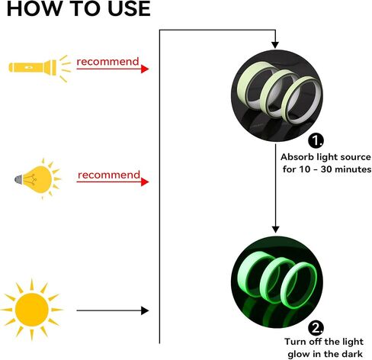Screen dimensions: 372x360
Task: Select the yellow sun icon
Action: click(x=31, y=310)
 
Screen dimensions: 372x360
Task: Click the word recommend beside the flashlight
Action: click(x=107, y=62)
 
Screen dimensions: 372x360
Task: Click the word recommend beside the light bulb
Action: click(x=109, y=175)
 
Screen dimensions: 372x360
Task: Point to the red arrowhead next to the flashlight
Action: click(x=145, y=69)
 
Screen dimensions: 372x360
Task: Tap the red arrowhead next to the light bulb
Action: click(x=145, y=182)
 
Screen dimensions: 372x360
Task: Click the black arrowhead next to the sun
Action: click(x=145, y=310)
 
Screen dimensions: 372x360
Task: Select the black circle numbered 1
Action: click(x=316, y=140)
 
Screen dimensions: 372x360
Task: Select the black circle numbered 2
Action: click(x=316, y=328)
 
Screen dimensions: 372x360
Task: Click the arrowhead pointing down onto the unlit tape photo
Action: click(x=275, y=45)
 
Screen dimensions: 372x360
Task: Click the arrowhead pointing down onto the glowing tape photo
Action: click(x=275, y=230)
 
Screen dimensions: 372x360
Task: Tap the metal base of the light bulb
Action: click(x=18, y=179)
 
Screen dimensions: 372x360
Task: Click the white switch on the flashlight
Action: click(x=28, y=68)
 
